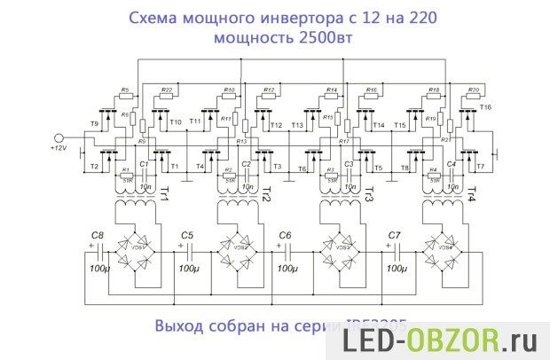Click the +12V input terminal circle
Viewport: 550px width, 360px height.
point(59,138)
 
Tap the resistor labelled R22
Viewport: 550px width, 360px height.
point(167,97)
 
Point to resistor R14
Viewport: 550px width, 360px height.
point(331,97)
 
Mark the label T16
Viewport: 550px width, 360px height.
point(484,107)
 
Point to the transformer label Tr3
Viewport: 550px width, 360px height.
point(369,194)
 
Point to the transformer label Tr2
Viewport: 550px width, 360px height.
point(267,194)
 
